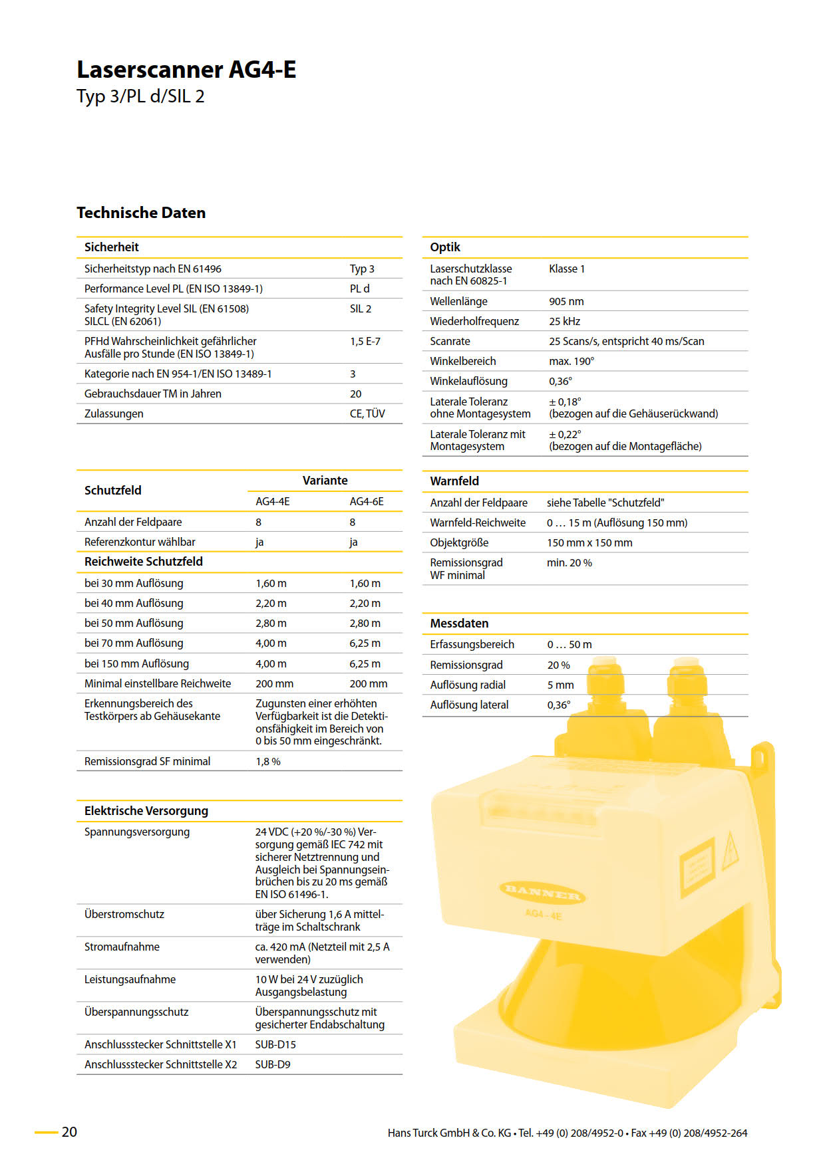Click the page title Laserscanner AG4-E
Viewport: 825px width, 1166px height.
click(x=186, y=70)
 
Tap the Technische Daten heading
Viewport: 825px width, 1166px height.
click(x=141, y=213)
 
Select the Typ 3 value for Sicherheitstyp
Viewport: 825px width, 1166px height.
click(x=362, y=269)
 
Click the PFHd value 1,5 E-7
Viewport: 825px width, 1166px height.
click(x=365, y=341)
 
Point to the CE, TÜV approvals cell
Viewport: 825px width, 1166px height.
click(x=367, y=413)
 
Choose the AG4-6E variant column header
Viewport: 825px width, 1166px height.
click(x=367, y=501)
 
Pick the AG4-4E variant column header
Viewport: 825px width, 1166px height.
click(x=273, y=501)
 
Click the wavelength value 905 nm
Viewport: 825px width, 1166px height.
click(x=566, y=301)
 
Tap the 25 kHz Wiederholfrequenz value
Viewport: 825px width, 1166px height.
click(x=564, y=321)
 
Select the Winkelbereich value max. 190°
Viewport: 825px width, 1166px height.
click(x=572, y=361)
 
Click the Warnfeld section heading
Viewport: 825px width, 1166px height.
click(x=454, y=481)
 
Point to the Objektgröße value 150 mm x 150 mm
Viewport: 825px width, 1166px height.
click(x=589, y=542)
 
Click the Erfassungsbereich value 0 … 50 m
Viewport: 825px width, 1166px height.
click(x=570, y=644)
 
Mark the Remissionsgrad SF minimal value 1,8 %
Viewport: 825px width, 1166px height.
click(x=268, y=761)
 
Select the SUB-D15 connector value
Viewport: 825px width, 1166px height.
click(x=275, y=1044)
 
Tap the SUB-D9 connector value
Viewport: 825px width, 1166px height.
click(x=273, y=1064)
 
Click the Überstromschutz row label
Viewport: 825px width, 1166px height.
click(x=124, y=914)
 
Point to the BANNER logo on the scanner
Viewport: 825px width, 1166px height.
click(x=542, y=893)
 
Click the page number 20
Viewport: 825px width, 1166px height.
click(x=69, y=1131)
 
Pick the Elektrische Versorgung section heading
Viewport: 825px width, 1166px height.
click(x=146, y=810)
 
